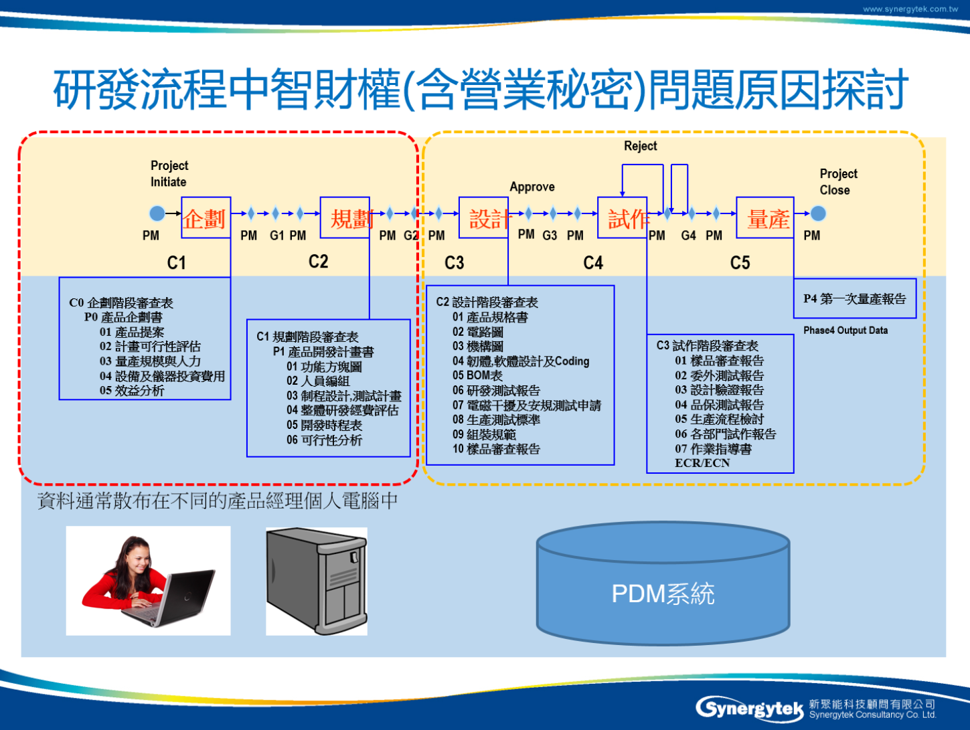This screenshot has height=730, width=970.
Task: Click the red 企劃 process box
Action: pyautogui.click(x=206, y=217)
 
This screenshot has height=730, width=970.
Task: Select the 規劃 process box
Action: pyautogui.click(x=345, y=217)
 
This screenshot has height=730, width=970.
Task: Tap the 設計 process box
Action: pyautogui.click(x=483, y=217)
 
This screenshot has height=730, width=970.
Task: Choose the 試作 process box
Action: pyautogui.click(x=622, y=217)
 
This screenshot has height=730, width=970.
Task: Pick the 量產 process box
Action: pyautogui.click(x=764, y=217)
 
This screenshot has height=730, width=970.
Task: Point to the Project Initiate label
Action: pyautogui.click(x=169, y=173)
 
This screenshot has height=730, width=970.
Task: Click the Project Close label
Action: pyautogui.click(x=838, y=181)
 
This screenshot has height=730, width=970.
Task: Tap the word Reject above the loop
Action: pyautogui.click(x=640, y=146)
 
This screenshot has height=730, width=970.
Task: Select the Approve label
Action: pyautogui.click(x=532, y=187)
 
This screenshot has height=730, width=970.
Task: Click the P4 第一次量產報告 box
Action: pyautogui.click(x=854, y=298)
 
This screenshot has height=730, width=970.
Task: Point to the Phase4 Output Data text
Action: pyautogui.click(x=845, y=331)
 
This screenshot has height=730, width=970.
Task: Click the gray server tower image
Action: pyautogui.click(x=317, y=580)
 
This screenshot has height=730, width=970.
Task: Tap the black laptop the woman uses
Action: pyautogui.click(x=184, y=596)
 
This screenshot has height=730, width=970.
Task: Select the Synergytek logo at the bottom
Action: pyautogui.click(x=750, y=708)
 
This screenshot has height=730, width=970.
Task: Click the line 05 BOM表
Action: pyautogui.click(x=477, y=375)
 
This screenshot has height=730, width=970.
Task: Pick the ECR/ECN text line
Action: pyautogui.click(x=702, y=463)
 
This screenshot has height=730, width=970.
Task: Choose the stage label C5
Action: pyautogui.click(x=740, y=262)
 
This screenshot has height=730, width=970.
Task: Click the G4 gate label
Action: pyautogui.click(x=688, y=236)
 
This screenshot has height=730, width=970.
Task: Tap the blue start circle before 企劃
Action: pyautogui.click(x=157, y=213)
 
